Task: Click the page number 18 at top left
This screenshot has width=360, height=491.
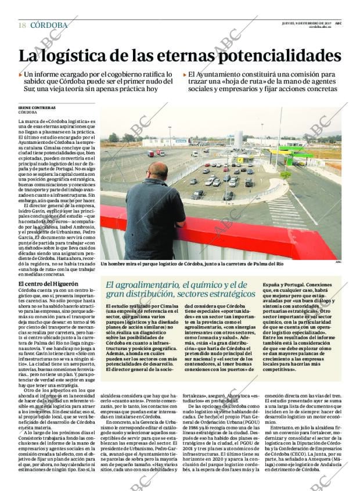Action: [22, 25]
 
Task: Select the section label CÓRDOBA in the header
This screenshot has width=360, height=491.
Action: [49, 25]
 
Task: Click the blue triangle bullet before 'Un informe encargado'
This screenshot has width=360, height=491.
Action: [21, 75]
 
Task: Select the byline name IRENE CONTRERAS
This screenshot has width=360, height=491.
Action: [37, 107]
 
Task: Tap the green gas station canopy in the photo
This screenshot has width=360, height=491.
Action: [293, 151]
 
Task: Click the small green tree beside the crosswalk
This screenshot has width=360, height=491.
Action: [285, 174]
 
